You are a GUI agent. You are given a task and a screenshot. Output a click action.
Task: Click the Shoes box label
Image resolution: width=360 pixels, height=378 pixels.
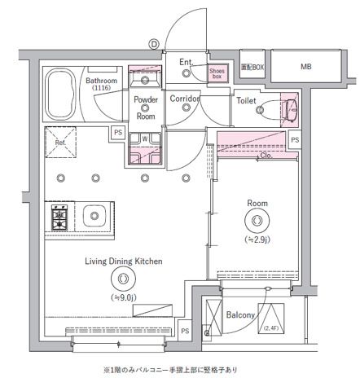coord(217,74)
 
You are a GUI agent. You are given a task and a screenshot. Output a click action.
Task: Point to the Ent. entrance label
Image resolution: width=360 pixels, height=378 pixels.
coord(187,61)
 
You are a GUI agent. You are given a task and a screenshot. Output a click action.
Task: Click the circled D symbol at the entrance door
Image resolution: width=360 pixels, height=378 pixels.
coord(152,44)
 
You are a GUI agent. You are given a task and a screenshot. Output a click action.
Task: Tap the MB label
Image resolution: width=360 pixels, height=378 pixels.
coord(305,67)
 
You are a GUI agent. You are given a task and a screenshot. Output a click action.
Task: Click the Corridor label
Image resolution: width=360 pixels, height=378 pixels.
coord(185,99)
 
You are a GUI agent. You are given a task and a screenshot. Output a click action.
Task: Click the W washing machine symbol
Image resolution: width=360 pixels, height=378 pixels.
coord(145,138)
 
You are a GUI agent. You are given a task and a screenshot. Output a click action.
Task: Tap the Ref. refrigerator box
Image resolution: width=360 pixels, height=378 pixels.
coord(60,142)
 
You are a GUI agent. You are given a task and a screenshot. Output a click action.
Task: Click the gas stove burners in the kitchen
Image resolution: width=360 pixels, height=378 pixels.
coord(59,218)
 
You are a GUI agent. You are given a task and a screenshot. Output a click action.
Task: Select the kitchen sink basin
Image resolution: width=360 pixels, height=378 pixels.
coord(94,217)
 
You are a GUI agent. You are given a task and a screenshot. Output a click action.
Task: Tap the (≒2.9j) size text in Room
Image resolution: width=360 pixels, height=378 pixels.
coord(257,240)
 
